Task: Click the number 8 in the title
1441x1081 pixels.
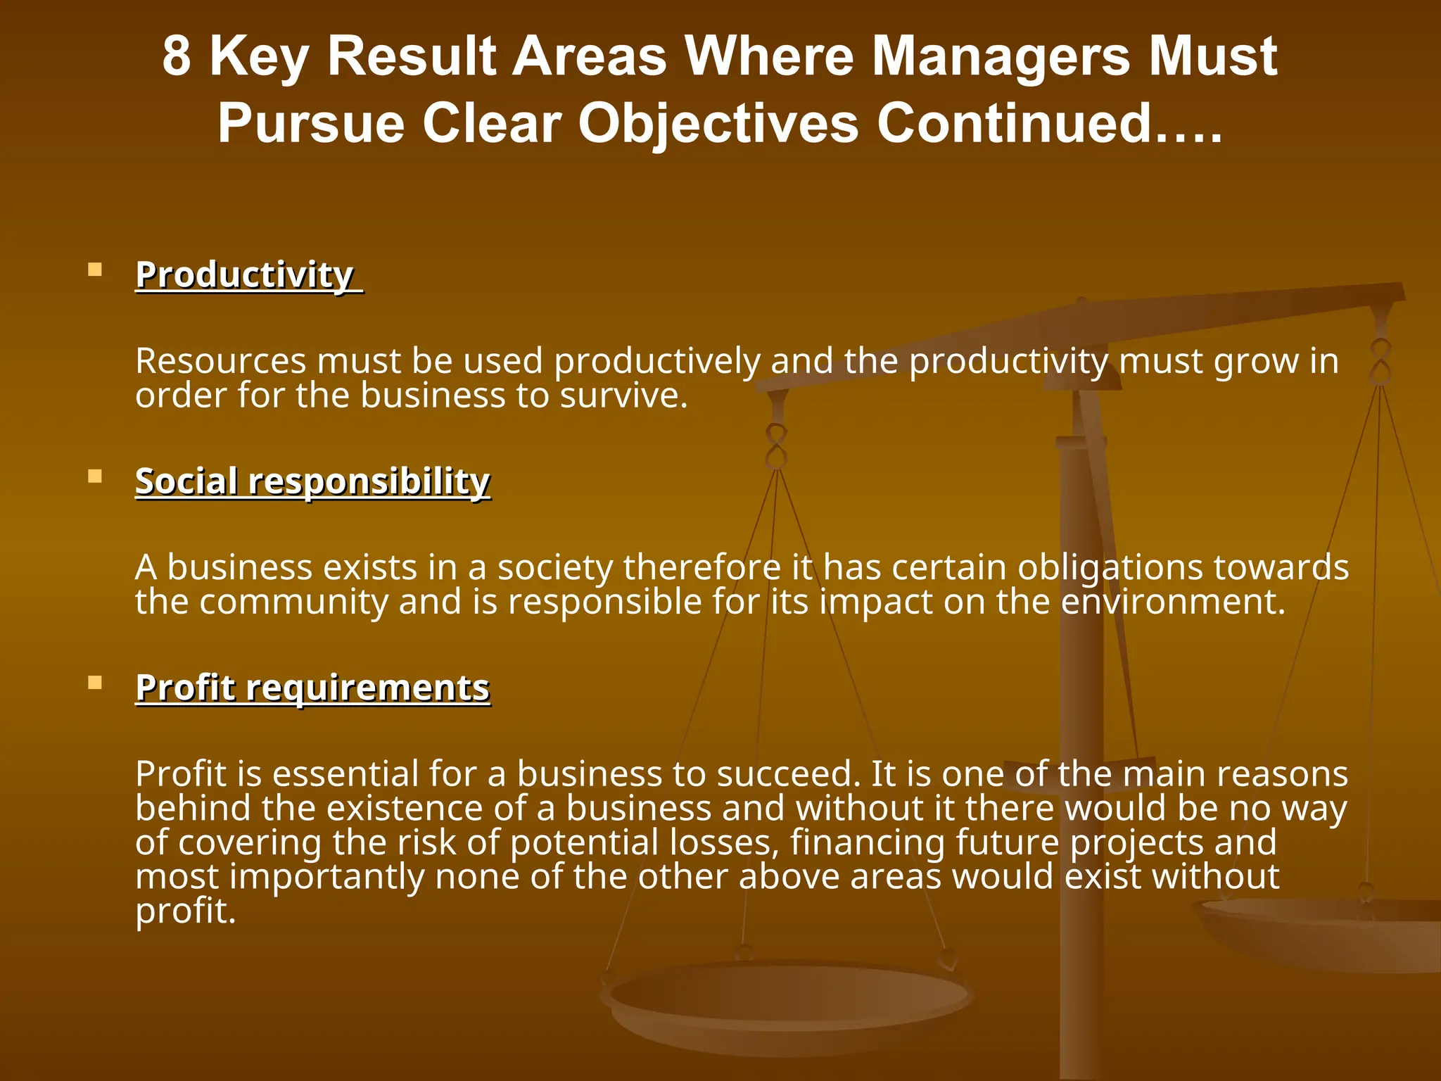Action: point(177,56)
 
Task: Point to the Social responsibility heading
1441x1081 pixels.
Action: point(312,481)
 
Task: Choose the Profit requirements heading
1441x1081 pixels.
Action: point(312,688)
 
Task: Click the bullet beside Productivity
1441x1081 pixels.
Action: point(95,270)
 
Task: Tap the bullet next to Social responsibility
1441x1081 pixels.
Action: point(95,476)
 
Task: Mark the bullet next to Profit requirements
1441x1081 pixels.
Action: point(95,683)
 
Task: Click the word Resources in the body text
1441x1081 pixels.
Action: point(220,361)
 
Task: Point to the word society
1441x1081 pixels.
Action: point(555,568)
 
